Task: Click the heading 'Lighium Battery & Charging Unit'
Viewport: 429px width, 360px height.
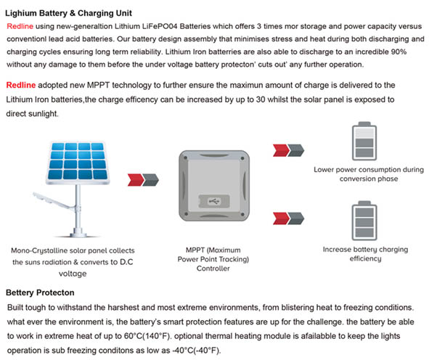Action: click(68, 13)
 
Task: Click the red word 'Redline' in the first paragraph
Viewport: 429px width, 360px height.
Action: click(20, 26)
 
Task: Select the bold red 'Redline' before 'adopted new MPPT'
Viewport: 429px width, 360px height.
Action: click(21, 85)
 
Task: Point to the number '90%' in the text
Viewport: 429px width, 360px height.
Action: click(399, 52)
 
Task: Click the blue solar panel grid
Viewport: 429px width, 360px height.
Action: click(78, 162)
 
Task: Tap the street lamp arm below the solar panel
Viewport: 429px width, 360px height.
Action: click(52, 201)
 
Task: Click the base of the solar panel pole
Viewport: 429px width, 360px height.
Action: click(78, 233)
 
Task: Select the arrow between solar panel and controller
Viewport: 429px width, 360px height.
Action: click(143, 180)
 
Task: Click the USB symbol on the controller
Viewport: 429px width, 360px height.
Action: click(214, 202)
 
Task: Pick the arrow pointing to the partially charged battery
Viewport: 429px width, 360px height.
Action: click(288, 150)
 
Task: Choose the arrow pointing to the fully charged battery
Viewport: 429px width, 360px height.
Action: click(288, 218)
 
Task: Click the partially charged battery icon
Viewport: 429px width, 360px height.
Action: click(364, 141)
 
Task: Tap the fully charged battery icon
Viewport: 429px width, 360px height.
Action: click(364, 221)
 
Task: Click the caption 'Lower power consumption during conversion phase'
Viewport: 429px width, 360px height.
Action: click(369, 174)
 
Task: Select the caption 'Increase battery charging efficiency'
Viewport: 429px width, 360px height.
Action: click(365, 254)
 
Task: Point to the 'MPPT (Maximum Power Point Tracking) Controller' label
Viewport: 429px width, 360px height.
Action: click(213, 259)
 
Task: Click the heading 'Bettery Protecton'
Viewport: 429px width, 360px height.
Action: click(40, 292)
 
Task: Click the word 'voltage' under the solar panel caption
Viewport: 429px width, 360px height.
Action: click(73, 274)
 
